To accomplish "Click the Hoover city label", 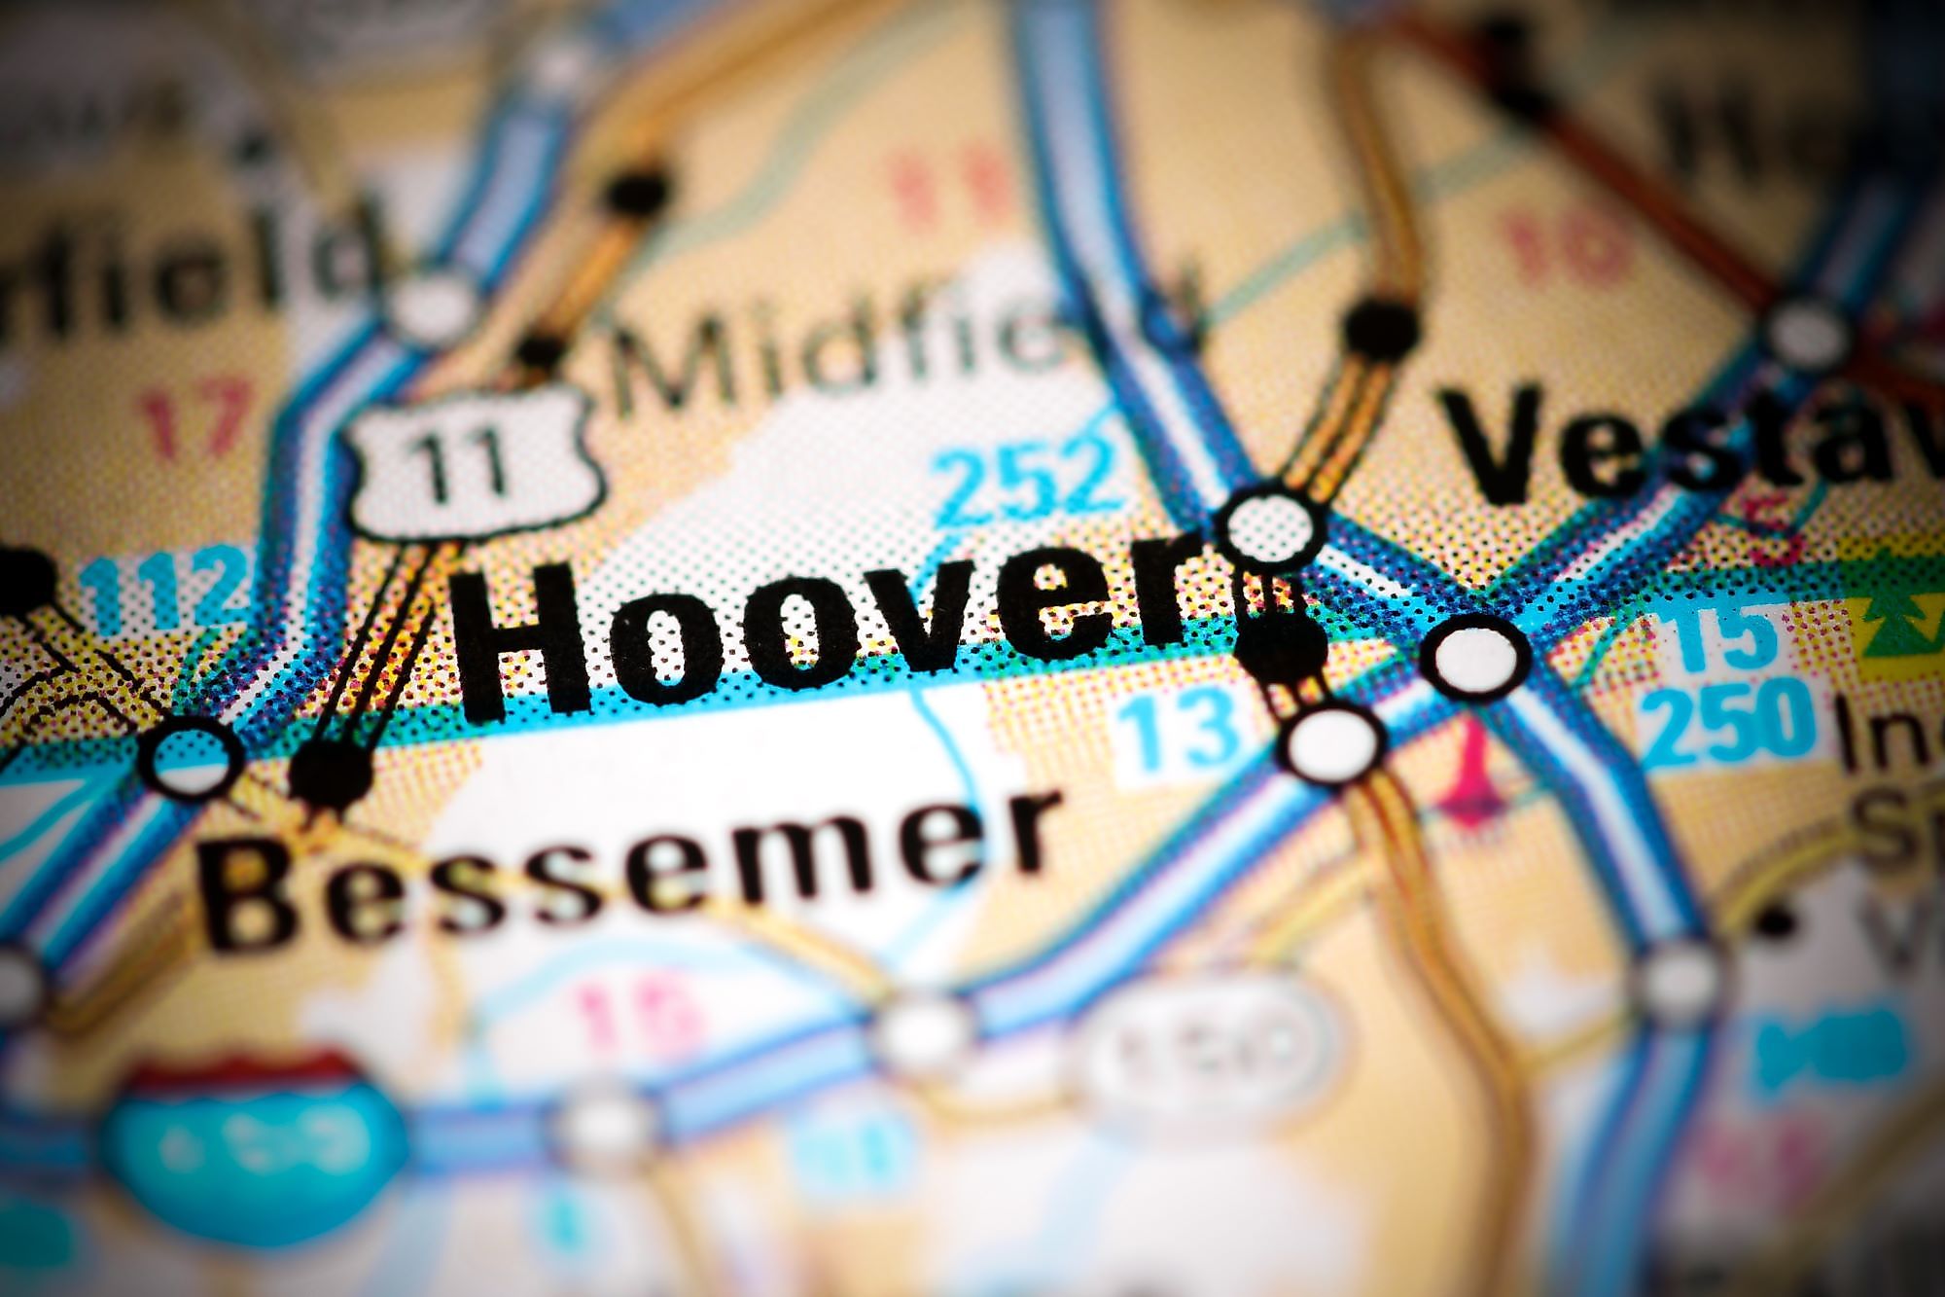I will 827,637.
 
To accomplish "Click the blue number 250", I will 1731,720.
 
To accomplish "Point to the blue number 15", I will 1721,637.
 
